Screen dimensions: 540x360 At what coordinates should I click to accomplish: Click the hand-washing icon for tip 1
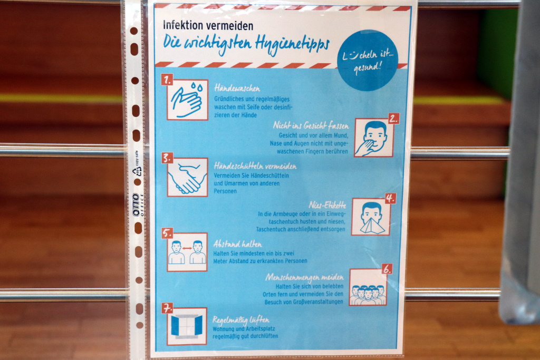coord(188,100)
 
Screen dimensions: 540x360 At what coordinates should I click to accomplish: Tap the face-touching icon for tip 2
coord(374,138)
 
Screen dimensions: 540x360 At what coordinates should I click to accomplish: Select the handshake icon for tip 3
coord(188,177)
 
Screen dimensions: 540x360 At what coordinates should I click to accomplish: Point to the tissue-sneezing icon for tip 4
coord(371,217)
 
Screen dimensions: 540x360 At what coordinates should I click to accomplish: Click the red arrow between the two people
coord(187,248)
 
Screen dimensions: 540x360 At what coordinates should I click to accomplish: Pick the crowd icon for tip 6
coord(368,287)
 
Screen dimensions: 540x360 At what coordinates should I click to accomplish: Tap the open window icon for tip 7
coord(187,326)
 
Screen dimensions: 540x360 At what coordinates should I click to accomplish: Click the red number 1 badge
coord(167,80)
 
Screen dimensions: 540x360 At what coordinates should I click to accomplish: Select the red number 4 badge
coord(390,198)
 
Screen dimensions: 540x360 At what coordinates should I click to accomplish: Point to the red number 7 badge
coord(167,308)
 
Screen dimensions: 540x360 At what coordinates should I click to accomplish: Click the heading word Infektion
coord(183,25)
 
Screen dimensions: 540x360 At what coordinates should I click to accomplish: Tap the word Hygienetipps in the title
coord(292,45)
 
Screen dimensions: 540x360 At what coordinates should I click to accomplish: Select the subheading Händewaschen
coord(237,89)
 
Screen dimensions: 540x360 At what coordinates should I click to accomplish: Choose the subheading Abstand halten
coord(237,244)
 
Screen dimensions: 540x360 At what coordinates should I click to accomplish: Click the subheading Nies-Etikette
coord(327,205)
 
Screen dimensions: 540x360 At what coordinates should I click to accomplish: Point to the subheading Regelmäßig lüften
coord(240,320)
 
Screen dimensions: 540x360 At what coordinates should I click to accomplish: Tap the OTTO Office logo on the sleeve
coord(137,205)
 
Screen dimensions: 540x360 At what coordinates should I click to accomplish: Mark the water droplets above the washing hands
coord(197,86)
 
